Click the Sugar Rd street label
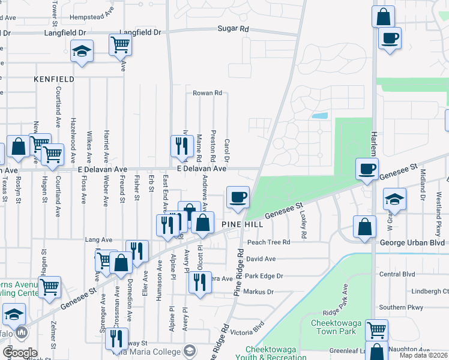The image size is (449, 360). [233, 29]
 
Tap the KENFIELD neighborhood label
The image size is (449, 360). [54, 79]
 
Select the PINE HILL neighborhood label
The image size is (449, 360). [241, 223]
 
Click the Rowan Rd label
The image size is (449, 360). [207, 93]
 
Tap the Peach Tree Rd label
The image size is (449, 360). [269, 242]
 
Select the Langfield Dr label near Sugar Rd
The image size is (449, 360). [141, 32]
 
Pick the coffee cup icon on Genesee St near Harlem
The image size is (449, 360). [367, 168]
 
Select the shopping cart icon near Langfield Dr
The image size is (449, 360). [121, 44]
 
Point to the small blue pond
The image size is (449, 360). [320, 115]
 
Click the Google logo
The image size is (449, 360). [20, 353]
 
